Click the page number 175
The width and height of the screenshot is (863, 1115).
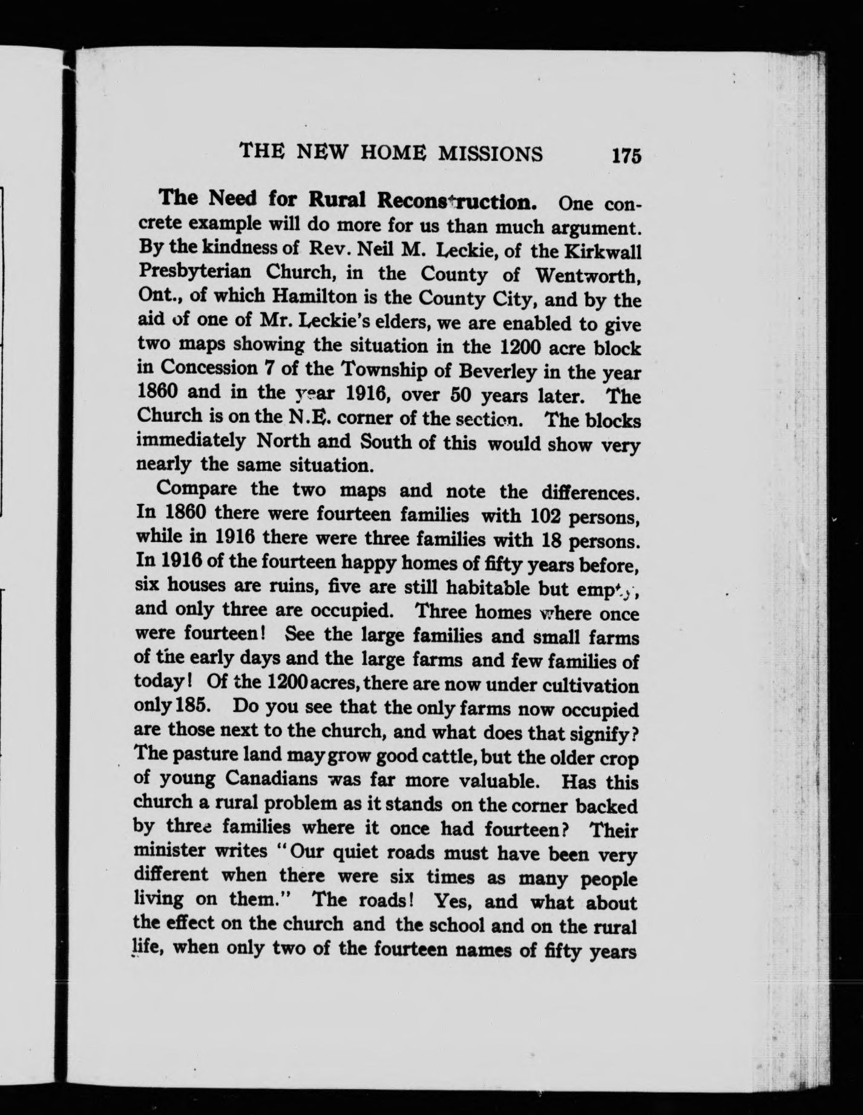tap(626, 155)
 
